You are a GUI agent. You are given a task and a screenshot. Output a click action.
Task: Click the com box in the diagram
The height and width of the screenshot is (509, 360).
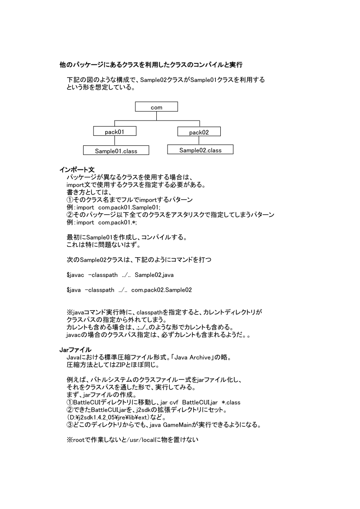coord(156,107)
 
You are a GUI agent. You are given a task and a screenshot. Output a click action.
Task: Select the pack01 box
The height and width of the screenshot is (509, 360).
coord(115,131)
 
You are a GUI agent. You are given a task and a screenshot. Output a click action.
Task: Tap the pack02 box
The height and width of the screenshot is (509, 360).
coord(199,132)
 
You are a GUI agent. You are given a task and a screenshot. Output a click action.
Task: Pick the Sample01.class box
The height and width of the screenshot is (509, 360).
coord(116,151)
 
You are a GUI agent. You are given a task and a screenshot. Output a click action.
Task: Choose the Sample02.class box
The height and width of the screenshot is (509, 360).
coord(200,150)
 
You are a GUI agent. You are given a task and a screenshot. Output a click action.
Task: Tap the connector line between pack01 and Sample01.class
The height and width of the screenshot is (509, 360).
coord(115,141)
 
